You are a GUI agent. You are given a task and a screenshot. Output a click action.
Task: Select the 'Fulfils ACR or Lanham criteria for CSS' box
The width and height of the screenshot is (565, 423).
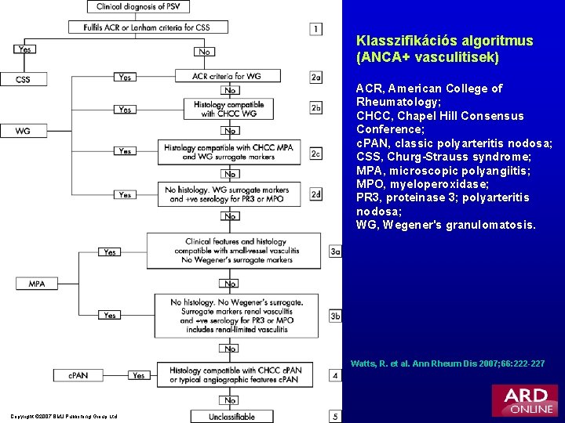149,27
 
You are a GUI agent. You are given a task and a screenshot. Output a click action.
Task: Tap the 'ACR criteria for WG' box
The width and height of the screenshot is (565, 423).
228,76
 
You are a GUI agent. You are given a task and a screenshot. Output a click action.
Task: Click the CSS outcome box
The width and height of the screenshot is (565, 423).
23,79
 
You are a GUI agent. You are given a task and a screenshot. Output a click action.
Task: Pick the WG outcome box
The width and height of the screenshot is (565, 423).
23,131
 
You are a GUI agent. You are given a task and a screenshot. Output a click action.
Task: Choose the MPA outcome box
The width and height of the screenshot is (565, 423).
36,284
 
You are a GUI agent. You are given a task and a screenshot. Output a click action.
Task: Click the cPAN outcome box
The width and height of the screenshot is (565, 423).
77,375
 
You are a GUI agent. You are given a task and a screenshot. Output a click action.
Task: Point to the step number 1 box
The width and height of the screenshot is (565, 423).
315,29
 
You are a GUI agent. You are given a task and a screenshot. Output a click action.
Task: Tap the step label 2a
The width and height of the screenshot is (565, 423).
315,77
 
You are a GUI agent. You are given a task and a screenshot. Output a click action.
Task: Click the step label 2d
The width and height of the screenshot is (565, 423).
315,193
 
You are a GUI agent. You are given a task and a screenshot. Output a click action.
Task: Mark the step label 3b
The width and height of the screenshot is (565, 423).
335,316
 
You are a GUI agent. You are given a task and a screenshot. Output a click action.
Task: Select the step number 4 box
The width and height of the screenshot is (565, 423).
335,375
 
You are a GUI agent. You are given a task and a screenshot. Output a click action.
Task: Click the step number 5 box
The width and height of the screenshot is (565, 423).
335,417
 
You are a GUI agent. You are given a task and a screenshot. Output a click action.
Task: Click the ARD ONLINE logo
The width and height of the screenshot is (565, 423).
524,399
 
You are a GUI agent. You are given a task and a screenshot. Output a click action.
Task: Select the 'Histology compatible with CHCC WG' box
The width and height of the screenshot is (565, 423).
229,109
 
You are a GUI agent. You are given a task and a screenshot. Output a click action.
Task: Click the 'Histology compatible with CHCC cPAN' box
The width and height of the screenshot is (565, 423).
235,375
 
